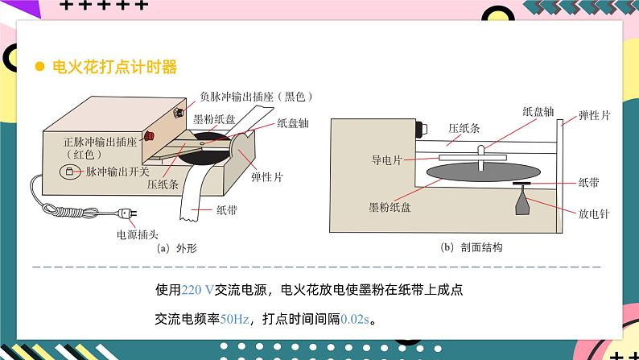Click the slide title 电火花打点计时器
point(114,67)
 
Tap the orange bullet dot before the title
point(39,67)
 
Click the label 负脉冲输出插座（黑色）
point(257,97)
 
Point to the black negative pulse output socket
point(178,112)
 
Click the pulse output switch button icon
point(69,172)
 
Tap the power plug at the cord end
point(127,213)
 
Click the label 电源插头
point(137,234)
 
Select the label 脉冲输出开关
point(117,172)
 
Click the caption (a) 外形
point(176,248)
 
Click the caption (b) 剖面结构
point(472,247)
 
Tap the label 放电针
point(594,213)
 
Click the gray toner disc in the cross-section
point(484,172)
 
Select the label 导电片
point(387,159)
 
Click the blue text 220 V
point(197,290)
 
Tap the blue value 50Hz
point(234,319)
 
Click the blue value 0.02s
point(355,319)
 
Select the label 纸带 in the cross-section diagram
point(588,183)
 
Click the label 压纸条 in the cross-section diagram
point(464,128)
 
